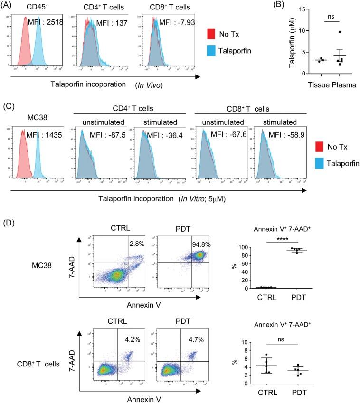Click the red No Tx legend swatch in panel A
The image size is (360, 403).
point(213,34)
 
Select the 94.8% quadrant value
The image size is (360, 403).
point(201,244)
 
